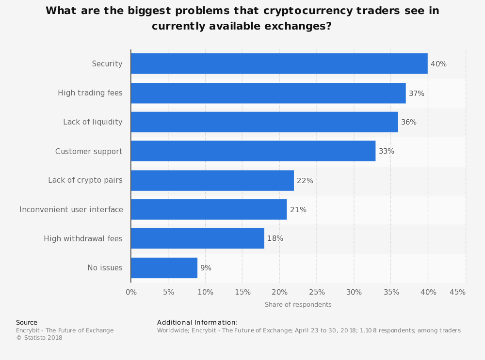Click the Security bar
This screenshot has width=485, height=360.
279,63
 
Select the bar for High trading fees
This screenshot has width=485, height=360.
269,93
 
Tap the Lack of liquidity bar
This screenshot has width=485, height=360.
264,122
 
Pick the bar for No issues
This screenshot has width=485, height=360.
164,268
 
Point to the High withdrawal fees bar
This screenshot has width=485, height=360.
198,238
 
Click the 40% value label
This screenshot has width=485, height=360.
438,64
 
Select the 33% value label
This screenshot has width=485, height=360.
387,151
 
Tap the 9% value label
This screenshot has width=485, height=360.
206,268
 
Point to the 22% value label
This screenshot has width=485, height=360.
305,180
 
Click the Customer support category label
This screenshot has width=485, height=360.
89,152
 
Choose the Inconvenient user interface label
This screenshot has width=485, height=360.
71,209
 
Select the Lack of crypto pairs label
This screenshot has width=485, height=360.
85,180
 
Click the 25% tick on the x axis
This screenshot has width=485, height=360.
317,292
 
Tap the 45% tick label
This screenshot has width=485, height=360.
457,292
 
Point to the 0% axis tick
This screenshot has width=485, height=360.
131,292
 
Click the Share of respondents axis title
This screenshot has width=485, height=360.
298,305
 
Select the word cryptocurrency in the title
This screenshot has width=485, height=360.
308,11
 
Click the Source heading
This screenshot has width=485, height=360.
27,323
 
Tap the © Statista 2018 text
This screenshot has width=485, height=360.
39,338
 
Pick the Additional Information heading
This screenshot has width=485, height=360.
197,323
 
